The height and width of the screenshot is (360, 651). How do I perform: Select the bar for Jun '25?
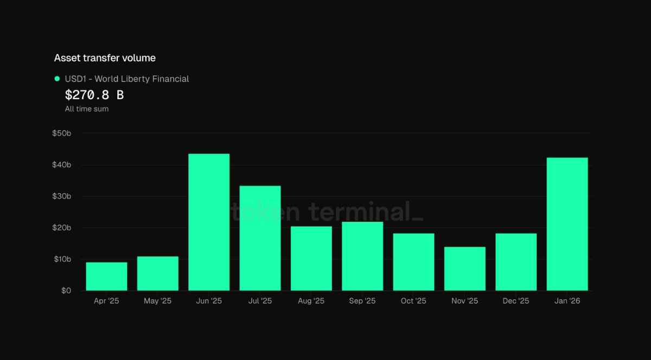point(209,222)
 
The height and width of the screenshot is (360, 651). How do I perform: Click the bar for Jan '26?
point(567,224)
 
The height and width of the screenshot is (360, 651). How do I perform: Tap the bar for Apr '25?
point(106,277)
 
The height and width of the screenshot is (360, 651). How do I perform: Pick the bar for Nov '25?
point(465,269)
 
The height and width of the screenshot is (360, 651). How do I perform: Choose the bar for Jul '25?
point(260,238)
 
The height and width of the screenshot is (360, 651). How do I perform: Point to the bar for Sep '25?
point(362,256)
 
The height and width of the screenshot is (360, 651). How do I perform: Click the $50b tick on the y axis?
point(62,133)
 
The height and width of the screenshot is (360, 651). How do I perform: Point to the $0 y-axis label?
point(66,291)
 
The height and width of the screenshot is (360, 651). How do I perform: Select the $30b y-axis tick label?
point(62,196)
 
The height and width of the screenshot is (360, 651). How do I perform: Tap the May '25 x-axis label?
point(157,301)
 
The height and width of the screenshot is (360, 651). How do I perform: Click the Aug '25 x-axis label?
point(311,301)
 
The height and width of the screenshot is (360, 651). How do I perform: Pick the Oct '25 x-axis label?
point(413,301)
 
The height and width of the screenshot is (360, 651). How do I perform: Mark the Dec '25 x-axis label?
point(516,301)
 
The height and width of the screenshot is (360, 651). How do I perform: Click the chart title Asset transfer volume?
point(105,58)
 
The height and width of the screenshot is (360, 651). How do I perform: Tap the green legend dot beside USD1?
point(58,79)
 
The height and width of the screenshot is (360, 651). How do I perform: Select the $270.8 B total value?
point(94,95)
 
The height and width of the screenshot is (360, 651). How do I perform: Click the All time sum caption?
point(87,109)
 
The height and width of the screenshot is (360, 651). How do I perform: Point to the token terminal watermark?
point(327,211)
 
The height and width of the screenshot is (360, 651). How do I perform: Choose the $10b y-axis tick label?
point(62,259)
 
